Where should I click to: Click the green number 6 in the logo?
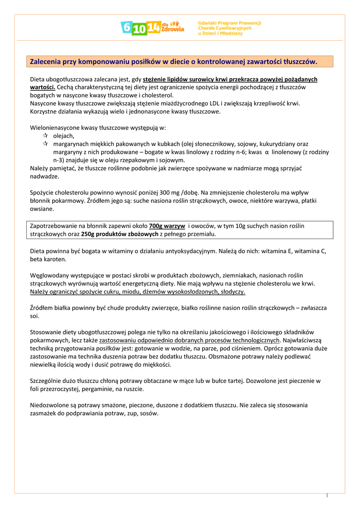click(127, 28)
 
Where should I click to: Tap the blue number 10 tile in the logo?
click(140, 29)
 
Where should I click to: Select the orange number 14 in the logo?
click(154, 28)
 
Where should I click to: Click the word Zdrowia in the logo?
click(172, 29)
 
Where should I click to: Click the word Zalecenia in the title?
click(46, 62)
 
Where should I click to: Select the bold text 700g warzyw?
click(167, 226)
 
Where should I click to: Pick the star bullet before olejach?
click(45, 135)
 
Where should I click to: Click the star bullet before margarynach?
click(45, 143)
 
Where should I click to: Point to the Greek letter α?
click(267, 152)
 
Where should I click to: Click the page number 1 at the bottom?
click(328, 495)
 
